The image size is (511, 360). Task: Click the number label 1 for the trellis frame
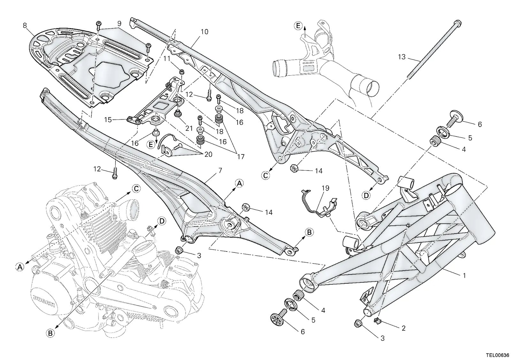pos(464,276)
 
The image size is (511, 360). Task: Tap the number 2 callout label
pos(404,328)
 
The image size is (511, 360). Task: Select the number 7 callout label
pos(220,171)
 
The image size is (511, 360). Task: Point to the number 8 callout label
pos(25,25)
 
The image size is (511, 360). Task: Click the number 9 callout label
pos(119,24)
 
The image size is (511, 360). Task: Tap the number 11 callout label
pos(167,59)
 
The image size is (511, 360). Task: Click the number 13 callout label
pos(402,57)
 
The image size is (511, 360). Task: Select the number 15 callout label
pos(108,120)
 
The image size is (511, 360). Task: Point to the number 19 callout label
pos(325,188)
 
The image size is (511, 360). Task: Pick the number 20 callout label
pos(208,154)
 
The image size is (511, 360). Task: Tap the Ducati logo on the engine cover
pos(43,301)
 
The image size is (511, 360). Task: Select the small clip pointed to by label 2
pos(377,321)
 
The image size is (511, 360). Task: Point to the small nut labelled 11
pos(182,72)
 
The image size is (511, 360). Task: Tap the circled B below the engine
pos(50,333)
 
